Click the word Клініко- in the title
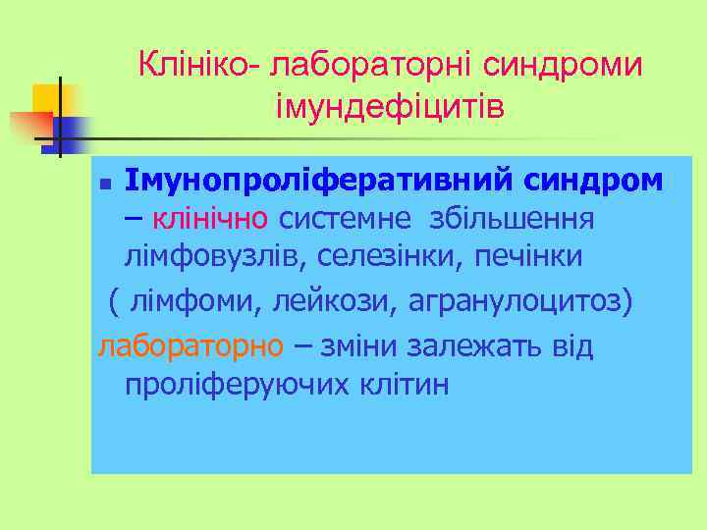coord(198,67)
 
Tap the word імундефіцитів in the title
coord(391,105)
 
